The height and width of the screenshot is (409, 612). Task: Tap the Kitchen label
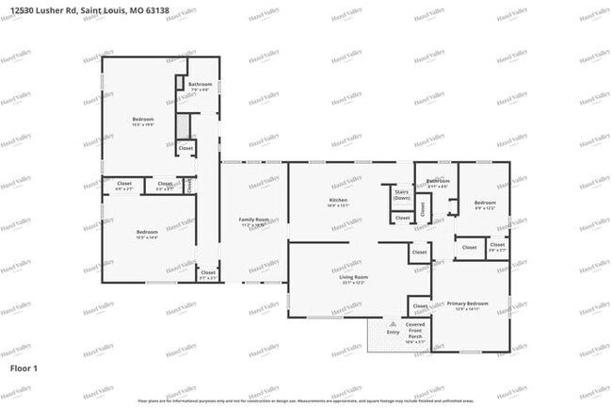338,201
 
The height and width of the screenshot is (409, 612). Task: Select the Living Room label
353,277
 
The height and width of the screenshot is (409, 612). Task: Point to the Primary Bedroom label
468,303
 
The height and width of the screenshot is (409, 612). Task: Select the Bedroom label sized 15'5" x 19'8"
143,120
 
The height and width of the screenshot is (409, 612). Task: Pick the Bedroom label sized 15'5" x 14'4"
147,232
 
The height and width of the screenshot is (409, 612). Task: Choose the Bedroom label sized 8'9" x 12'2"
485,204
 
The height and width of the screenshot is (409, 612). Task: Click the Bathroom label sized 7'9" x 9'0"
200,85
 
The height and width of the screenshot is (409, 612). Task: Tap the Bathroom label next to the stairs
437,181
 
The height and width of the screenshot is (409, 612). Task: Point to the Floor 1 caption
24,367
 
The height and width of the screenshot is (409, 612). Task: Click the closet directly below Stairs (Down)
402,218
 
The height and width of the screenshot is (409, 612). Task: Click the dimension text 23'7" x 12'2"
353,283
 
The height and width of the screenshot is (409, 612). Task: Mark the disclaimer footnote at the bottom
305,401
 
